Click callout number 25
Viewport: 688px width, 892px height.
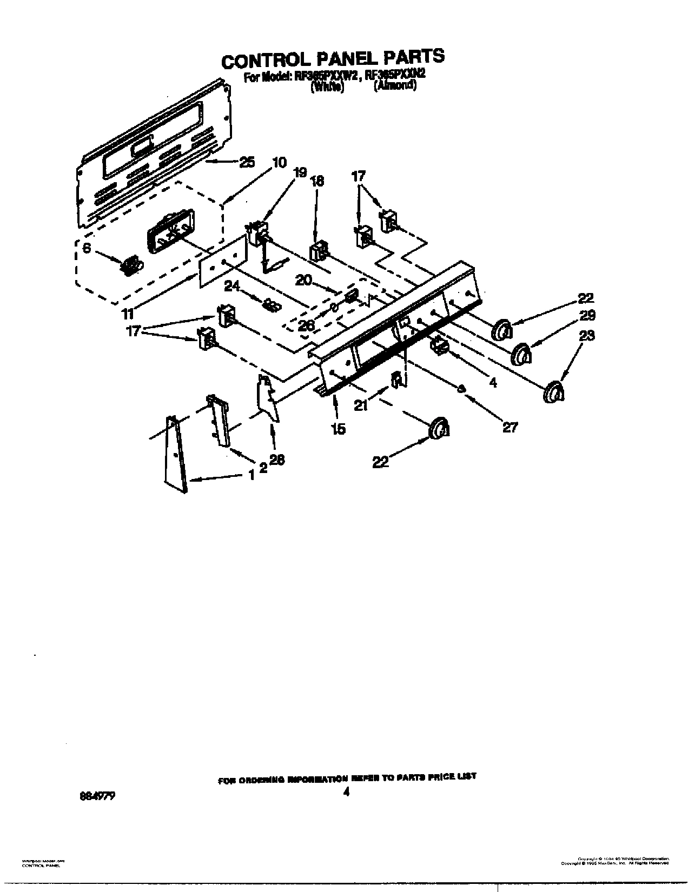click(x=246, y=162)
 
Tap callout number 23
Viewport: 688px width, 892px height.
click(x=587, y=335)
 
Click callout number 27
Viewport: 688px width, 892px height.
click(x=510, y=427)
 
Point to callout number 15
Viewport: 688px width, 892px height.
click(x=338, y=429)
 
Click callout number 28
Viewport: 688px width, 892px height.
click(x=277, y=460)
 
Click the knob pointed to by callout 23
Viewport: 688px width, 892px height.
click(x=554, y=392)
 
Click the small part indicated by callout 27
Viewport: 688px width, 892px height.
click(x=461, y=389)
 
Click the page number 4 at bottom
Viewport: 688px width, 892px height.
click(x=347, y=792)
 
